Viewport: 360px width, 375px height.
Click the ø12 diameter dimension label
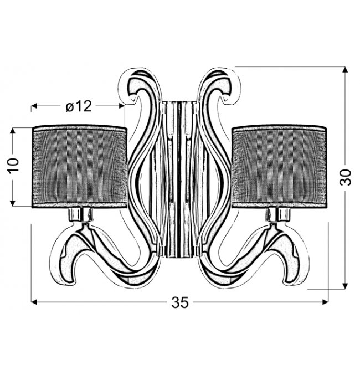tap(79, 106)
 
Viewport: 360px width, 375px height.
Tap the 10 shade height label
tap(13, 165)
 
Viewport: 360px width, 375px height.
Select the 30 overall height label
tap(346, 177)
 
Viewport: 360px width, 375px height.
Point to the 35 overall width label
tap(180, 302)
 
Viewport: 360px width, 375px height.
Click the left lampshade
tap(80, 167)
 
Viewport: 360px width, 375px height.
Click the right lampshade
tap(279, 167)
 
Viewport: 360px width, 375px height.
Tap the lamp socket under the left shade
tap(81, 214)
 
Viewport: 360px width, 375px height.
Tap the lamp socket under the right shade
tap(278, 214)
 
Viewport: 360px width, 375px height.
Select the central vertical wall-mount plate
tap(179, 179)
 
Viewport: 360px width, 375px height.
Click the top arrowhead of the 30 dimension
tap(344, 69)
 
